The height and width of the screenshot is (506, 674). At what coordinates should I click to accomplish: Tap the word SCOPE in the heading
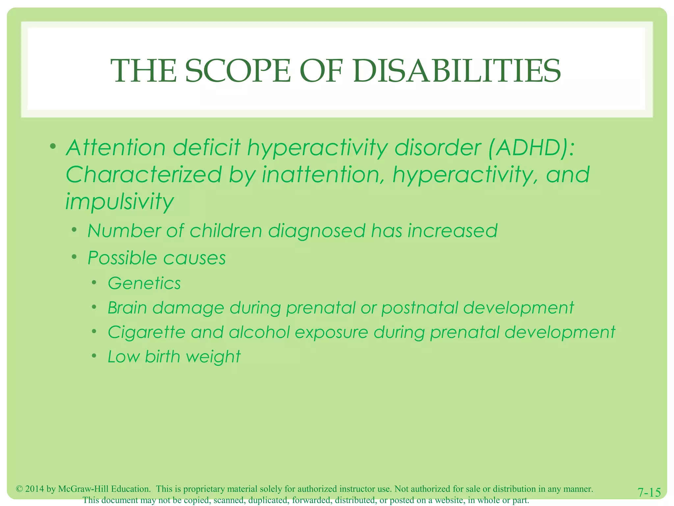coord(238,71)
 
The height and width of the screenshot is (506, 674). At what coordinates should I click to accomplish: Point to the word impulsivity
coord(119,202)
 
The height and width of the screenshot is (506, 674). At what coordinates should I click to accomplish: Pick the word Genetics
coord(144,283)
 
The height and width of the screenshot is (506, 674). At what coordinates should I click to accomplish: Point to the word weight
coord(213,357)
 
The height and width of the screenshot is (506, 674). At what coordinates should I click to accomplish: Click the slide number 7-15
coord(649,492)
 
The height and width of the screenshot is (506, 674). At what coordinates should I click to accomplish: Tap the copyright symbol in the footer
coord(19,489)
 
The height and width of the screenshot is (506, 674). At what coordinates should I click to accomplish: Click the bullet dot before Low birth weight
coord(94,356)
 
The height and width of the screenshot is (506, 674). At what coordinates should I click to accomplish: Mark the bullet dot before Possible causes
coord(74,256)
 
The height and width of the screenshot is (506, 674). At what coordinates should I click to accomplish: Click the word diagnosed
coord(317,231)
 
